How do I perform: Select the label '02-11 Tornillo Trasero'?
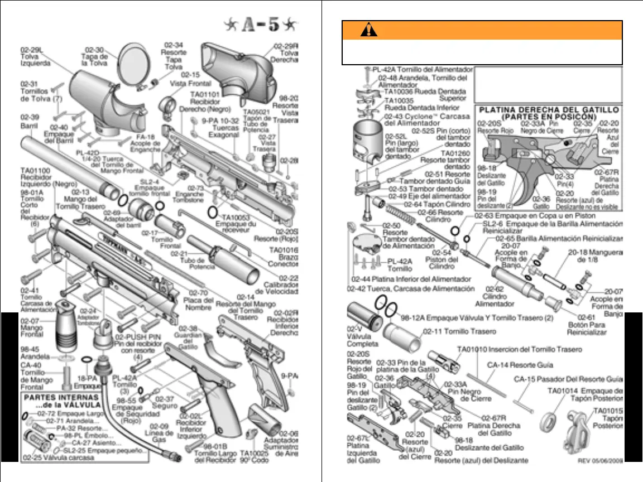tap(460, 331)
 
